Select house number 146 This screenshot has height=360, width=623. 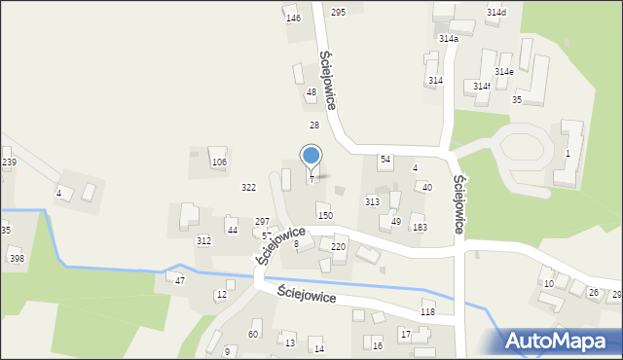click(293, 18)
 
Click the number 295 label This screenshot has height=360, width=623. click(338, 12)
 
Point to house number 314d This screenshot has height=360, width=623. click(496, 12)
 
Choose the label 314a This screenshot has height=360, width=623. click(448, 39)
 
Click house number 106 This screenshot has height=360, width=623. click(219, 162)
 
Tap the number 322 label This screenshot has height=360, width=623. click(249, 187)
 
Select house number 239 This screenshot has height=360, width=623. click(9, 162)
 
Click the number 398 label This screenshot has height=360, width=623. click(17, 258)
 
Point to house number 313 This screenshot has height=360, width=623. click(372, 201)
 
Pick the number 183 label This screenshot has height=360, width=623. click(420, 228)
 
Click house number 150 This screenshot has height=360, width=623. click(325, 215)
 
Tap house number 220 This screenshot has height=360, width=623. click(338, 247)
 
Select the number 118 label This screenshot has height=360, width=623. click(427, 311)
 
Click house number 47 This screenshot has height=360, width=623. click(180, 280)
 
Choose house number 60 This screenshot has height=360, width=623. click(253, 335)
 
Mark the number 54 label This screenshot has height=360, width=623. click(385, 159)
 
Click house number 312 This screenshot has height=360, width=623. click(203, 240)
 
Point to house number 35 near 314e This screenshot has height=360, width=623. click(517, 100)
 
